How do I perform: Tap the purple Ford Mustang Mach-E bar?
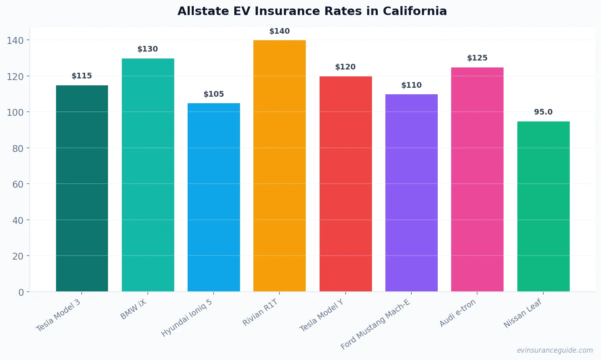coord(411,193)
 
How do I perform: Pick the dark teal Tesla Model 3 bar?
coord(82,189)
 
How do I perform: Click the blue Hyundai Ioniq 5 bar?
coord(214,197)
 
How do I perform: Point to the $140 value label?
coord(279,31)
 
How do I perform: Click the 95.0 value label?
coord(543,112)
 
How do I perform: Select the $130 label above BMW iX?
coord(147,49)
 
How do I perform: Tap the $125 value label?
coord(477,58)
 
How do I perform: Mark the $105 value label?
coord(214,94)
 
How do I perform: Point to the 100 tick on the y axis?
coord(15,113)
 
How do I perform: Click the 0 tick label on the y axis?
coord(21,293)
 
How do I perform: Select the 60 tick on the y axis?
coord(18,184)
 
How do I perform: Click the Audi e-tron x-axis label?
coord(458,313)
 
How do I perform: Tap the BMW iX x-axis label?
coord(134,310)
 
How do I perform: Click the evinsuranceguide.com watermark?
coord(555,350)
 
